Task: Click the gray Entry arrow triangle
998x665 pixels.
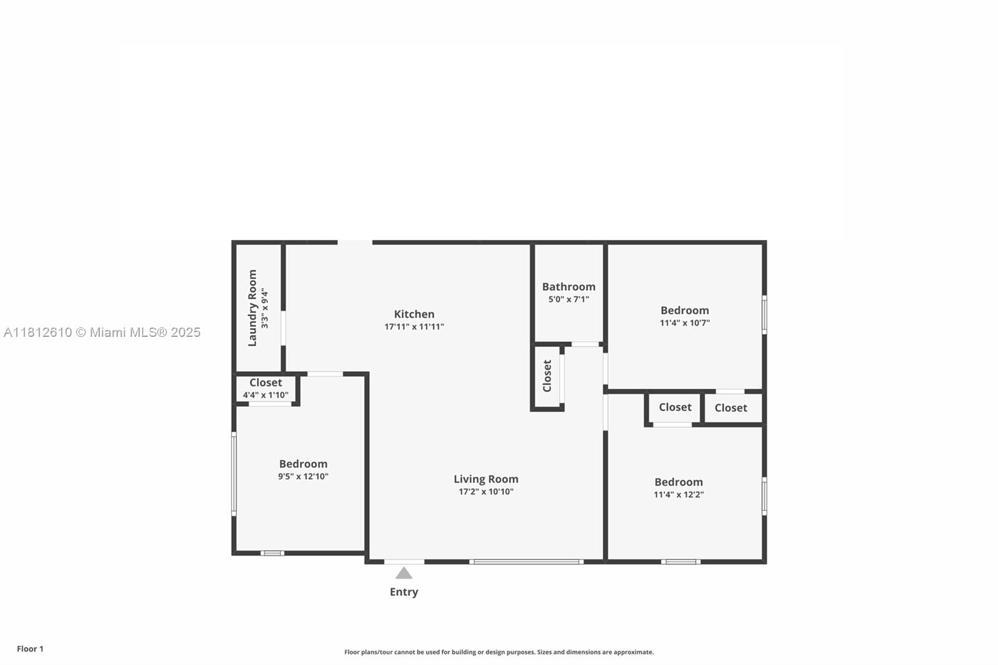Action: tap(404, 573)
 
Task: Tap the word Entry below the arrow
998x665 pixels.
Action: tap(404, 592)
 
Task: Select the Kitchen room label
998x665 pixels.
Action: tap(414, 314)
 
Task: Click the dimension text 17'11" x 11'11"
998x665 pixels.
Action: tap(414, 327)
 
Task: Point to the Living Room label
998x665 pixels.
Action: tap(486, 479)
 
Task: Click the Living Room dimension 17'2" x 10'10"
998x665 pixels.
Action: tap(486, 492)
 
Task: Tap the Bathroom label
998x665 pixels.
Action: tap(568, 287)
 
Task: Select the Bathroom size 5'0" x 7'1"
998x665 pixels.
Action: tap(568, 299)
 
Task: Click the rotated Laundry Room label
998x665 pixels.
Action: tap(253, 308)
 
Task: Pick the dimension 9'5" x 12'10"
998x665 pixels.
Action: tap(303, 477)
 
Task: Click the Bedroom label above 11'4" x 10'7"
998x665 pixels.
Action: tap(684, 311)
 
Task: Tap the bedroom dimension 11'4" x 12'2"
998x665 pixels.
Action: tap(679, 495)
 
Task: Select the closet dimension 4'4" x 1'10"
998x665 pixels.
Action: tap(266, 395)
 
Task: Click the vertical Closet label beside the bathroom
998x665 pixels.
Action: tap(547, 376)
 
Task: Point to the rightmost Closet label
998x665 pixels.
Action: tap(730, 408)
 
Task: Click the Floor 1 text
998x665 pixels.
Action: tap(30, 649)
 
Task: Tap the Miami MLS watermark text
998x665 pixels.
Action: tap(102, 332)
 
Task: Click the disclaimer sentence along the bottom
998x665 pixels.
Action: tap(499, 652)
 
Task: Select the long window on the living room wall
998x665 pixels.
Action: tap(526, 561)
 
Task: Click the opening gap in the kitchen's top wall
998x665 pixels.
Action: tap(355, 242)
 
